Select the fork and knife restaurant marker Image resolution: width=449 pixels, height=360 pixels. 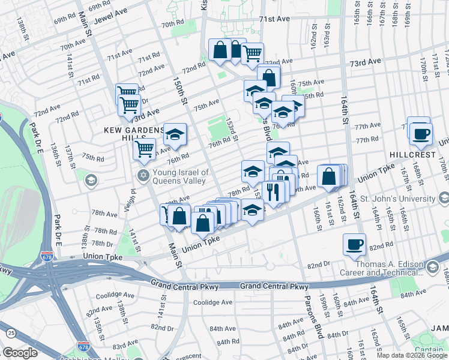273,192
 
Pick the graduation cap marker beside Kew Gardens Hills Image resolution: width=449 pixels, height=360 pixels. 175,134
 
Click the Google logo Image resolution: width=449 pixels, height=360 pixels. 20,353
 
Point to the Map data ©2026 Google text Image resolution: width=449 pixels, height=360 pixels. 412,355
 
